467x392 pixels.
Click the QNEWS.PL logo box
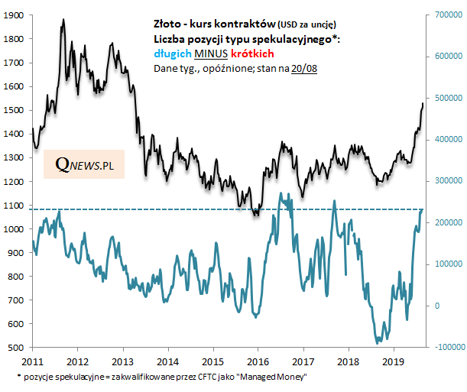(84, 164)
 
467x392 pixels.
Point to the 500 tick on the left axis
(18, 348)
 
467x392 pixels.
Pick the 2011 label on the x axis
(31, 360)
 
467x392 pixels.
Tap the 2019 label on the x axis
(393, 360)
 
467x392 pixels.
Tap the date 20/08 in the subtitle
(299, 69)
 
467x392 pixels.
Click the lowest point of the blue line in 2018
(378, 343)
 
